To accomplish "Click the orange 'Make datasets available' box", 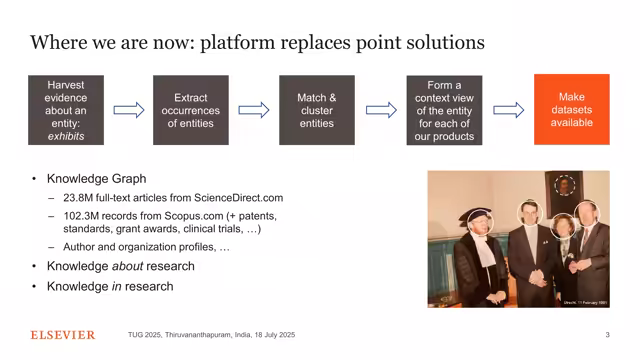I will click(x=571, y=110).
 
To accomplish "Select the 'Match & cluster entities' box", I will click(x=317, y=110).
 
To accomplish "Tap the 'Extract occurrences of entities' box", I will click(x=190, y=110).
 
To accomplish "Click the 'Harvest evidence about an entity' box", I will click(x=66, y=110).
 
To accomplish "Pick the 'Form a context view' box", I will click(x=444, y=110).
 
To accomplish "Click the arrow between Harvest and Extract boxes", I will click(x=128, y=110).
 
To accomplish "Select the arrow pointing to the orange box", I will click(x=508, y=110).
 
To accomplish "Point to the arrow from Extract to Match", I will click(x=253, y=110).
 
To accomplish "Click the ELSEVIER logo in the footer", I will click(x=63, y=335).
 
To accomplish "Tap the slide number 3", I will click(x=607, y=335).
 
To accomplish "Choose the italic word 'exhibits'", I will click(x=66, y=136).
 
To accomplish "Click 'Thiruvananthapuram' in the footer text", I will click(x=211, y=335).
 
